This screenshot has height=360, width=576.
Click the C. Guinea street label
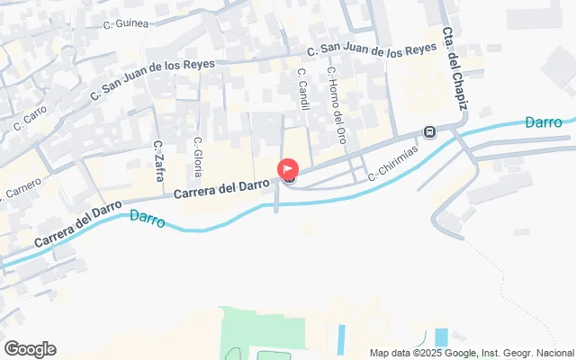pyautogui.click(x=126, y=24)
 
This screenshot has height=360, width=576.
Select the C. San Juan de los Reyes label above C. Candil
pyautogui.click(x=372, y=51)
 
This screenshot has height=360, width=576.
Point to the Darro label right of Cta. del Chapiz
pyautogui.click(x=544, y=121)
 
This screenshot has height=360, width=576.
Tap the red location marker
pyautogui.click(x=288, y=168)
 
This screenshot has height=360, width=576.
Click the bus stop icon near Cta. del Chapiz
pyautogui.click(x=430, y=133)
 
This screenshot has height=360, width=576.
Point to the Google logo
pyautogui.click(x=30, y=349)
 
